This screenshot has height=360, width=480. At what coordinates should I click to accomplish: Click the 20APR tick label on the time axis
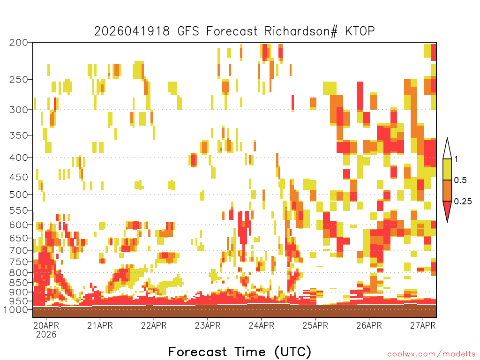46,325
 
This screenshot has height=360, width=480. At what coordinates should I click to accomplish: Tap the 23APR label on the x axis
208,325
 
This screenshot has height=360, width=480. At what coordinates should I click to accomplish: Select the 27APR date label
423,325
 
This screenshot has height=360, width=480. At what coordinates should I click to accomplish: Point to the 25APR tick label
315,325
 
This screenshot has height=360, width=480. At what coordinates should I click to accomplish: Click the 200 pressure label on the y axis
19,43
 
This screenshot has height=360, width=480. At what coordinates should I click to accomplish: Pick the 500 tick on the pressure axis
19,195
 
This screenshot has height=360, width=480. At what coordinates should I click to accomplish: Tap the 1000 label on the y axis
16,310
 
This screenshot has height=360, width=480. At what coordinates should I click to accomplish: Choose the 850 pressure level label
19,283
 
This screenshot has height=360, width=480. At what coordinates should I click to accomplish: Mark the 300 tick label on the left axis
19,110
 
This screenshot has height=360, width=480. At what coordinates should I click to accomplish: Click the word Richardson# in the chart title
301,31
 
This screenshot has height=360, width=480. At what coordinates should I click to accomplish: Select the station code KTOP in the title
360,31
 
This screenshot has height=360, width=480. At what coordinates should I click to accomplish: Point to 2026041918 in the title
132,31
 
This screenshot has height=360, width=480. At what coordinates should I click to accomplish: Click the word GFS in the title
188,31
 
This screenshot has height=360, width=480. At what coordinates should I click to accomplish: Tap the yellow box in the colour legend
447,169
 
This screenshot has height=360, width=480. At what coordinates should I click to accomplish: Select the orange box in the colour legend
447,190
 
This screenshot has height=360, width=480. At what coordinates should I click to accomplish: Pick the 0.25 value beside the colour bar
463,202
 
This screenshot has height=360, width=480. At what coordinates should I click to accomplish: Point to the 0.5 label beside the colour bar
460,180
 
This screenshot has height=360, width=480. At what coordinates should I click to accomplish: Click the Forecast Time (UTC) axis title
240,352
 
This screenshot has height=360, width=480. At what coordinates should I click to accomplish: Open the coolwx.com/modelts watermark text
432,354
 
